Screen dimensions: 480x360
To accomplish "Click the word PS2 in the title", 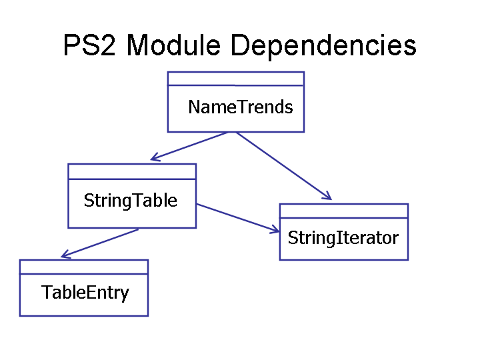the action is (89, 45).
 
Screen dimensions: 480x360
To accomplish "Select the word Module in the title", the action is (173, 45).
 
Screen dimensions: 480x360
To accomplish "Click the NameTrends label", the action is (241, 107).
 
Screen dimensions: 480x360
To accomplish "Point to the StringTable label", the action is (131, 201).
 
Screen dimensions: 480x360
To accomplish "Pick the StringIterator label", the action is (343, 238).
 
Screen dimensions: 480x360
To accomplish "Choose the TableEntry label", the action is (85, 293).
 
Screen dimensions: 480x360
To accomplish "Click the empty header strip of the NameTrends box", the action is (236, 79).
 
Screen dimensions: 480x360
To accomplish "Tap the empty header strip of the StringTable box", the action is (132, 172).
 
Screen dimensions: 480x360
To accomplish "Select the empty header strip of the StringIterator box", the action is (344, 211).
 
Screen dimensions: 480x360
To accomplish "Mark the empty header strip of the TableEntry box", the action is (84, 267).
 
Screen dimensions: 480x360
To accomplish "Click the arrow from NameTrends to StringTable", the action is (189, 146).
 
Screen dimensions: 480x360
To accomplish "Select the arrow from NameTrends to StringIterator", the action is (284, 166).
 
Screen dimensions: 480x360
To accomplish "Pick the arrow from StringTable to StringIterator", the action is (237, 217).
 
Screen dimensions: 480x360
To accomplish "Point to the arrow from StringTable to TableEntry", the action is (100, 243).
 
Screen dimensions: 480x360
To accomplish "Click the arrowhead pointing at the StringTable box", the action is (155, 157).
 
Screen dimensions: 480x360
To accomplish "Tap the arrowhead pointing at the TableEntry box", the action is (65, 254).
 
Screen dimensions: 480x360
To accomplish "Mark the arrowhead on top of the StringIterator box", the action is (327, 196).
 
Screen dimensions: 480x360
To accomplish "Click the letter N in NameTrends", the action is (193, 107).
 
